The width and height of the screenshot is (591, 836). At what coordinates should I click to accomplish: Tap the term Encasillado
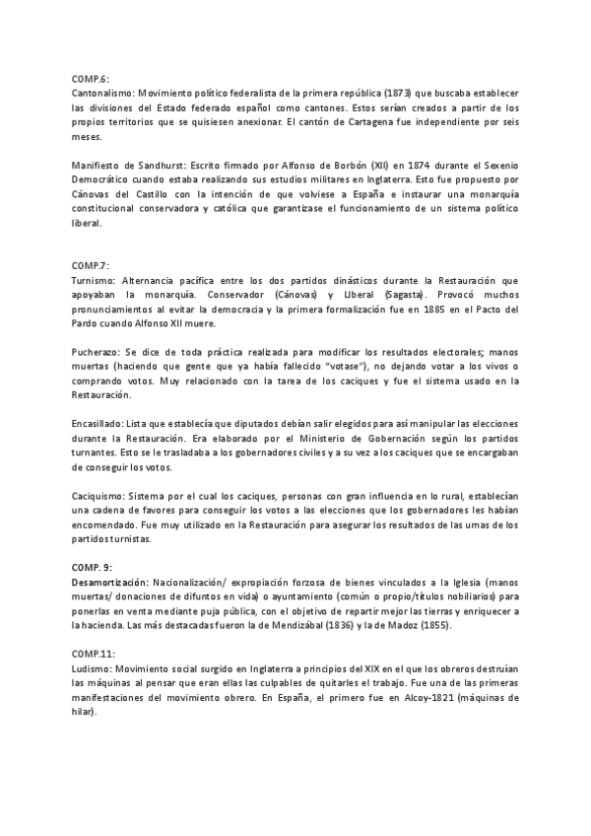(101, 419)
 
